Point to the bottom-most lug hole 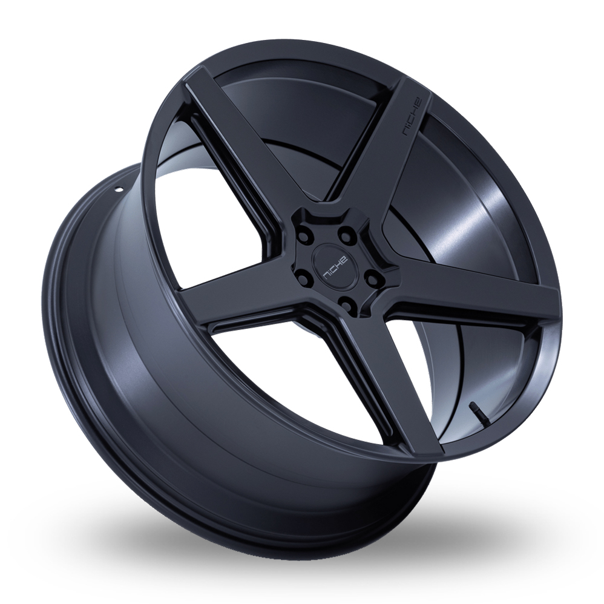(x=345, y=301)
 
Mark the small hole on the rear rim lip (x=119, y=189)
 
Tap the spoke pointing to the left (x=242, y=303)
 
